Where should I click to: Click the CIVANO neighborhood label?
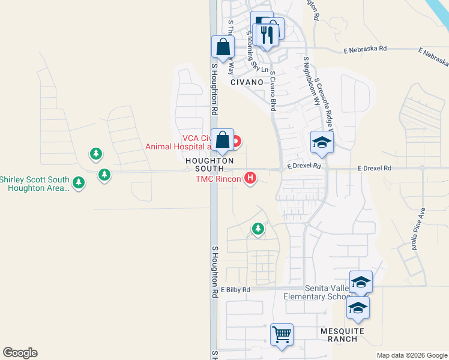(x=247, y=82)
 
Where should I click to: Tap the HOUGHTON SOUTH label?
(x=209, y=165)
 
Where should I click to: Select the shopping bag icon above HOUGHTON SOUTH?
(x=223, y=140)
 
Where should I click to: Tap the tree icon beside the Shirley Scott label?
(x=79, y=182)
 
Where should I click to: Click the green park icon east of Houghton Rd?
(x=258, y=229)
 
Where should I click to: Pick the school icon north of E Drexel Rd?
(x=321, y=143)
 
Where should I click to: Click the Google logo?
(x=20, y=353)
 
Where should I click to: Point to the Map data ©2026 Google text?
(x=411, y=355)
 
